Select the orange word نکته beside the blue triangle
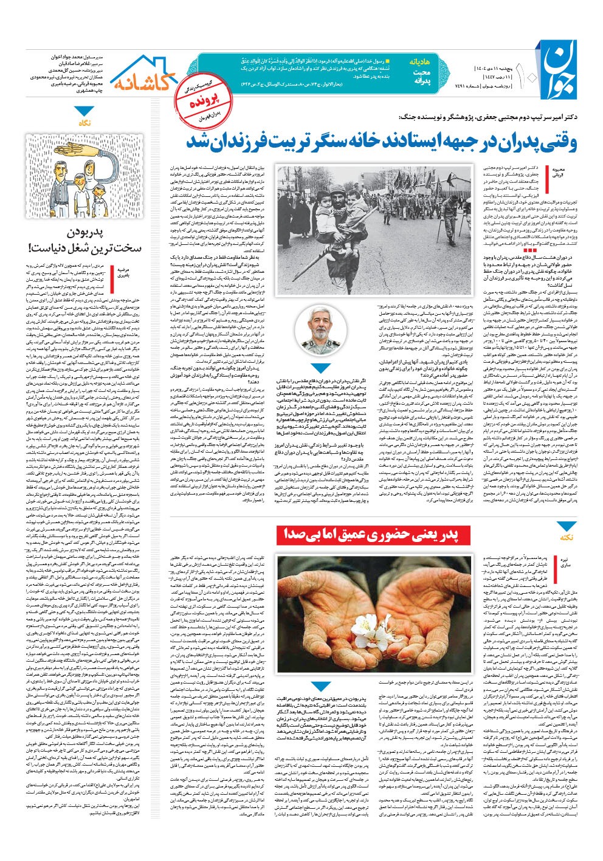click(x=567, y=537)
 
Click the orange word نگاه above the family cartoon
click(x=85, y=123)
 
